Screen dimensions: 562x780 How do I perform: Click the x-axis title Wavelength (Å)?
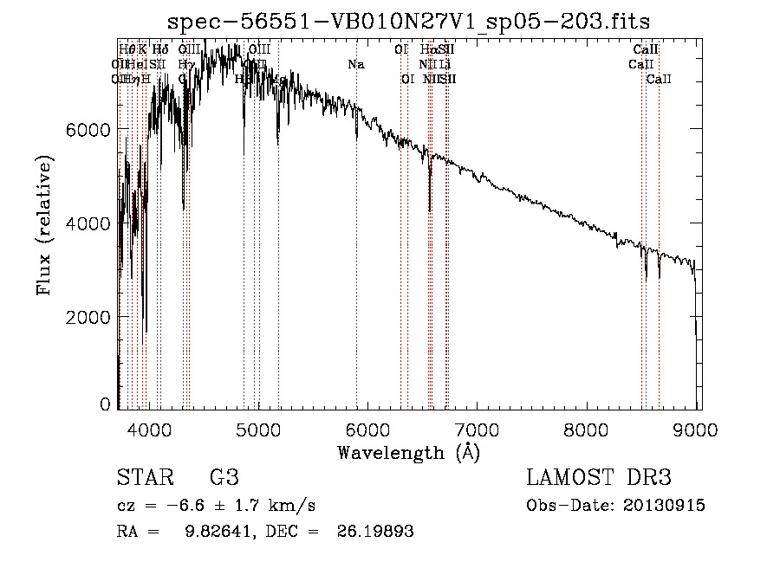click(x=408, y=452)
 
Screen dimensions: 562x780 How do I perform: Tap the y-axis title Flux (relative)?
click(x=44, y=225)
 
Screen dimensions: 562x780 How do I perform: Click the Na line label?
click(x=356, y=64)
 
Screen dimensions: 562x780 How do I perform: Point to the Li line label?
click(x=445, y=64)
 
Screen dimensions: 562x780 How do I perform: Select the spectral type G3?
click(x=224, y=478)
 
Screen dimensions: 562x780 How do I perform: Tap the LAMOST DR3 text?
click(x=599, y=478)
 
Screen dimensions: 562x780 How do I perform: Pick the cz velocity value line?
click(x=216, y=506)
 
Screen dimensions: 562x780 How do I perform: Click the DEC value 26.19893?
click(x=375, y=532)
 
